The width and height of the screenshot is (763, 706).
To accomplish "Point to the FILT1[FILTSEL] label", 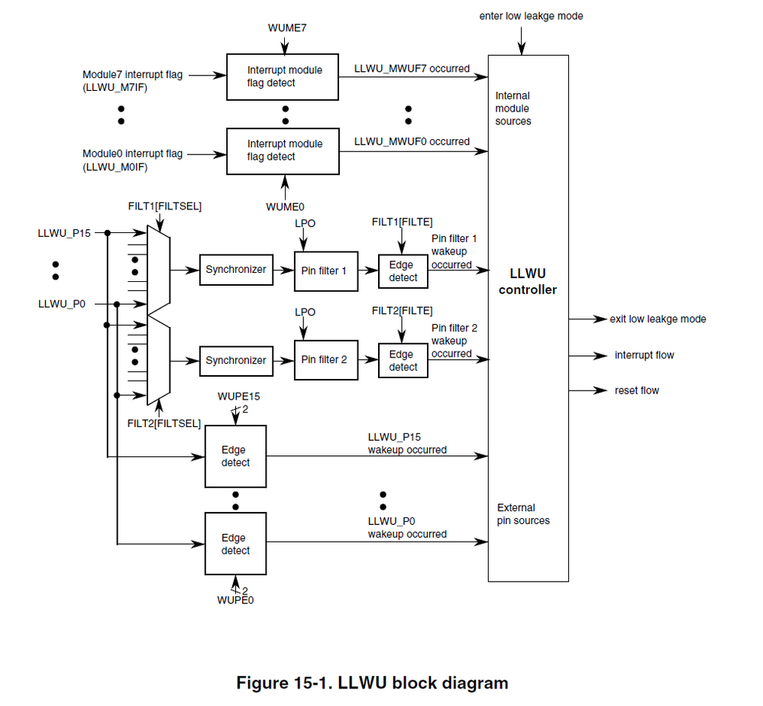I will [x=165, y=206].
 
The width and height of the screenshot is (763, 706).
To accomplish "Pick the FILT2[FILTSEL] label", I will [x=165, y=423].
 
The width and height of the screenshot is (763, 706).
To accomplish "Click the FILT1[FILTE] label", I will [x=402, y=222].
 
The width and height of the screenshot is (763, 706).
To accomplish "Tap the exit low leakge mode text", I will [x=658, y=319].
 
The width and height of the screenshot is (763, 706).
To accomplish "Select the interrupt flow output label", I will [x=644, y=355].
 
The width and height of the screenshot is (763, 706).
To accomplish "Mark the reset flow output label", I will [x=636, y=390].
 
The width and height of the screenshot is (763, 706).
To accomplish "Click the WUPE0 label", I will [x=234, y=600].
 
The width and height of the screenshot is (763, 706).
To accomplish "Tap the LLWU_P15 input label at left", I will [x=64, y=232].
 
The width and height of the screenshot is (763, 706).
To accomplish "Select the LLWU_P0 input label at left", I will [x=61, y=303].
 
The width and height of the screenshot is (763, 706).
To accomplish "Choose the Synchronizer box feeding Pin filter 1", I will [x=236, y=270].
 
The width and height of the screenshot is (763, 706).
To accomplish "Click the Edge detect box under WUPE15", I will [x=235, y=456].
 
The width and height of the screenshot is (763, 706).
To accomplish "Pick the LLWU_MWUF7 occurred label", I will [x=412, y=69].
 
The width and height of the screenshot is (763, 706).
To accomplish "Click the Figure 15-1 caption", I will [x=372, y=682].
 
